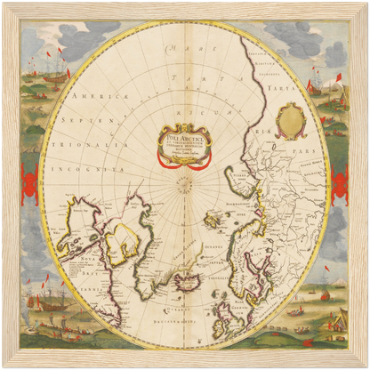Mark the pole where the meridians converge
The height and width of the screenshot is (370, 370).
[x=184, y=189]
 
